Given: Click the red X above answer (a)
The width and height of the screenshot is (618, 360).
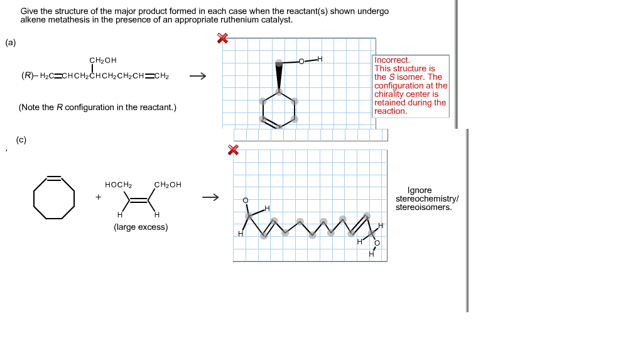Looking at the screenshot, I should tap(222, 38).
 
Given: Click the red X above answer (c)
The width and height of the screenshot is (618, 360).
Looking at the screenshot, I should tap(232, 150).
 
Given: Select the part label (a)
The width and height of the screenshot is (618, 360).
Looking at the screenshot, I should tap(11, 43).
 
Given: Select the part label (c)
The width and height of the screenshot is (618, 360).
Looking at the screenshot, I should tap(21, 139).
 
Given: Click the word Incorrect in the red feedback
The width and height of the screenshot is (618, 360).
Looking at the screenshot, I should tap(391, 60).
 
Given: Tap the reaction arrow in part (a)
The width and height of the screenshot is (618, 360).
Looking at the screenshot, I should tap(197, 77).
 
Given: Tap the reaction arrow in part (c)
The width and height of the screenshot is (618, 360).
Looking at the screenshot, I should tap(210, 198).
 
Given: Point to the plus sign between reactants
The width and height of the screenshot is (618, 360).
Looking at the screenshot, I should tap(98, 197).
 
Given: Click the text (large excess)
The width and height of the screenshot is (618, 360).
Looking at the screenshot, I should tap(141, 227).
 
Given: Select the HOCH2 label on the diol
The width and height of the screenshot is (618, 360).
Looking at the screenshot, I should tap(118, 185).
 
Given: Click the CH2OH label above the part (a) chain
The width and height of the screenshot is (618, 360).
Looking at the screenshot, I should tap(103, 60).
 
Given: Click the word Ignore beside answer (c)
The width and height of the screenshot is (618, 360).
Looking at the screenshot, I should tap(420, 190).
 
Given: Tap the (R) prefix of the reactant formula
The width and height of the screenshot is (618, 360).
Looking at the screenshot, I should tap(28, 77).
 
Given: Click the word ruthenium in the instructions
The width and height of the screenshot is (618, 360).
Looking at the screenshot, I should tap(234, 19).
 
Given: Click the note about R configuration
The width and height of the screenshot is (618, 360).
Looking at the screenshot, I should tap(97, 107).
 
